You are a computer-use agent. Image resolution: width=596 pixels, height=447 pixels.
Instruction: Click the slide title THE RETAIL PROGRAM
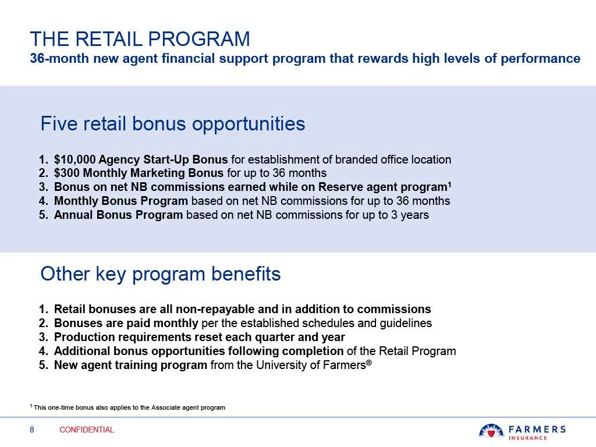[x=140, y=39]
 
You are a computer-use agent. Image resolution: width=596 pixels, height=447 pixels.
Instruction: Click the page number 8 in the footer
[x=32, y=430]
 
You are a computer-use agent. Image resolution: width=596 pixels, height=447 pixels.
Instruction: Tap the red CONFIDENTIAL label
[x=87, y=430]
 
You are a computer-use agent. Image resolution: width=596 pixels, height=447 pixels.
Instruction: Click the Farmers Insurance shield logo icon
[x=491, y=431]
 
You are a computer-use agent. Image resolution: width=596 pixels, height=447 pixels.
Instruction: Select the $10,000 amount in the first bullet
[x=74, y=159]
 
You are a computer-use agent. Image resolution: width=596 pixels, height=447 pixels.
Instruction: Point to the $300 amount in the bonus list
[x=66, y=173]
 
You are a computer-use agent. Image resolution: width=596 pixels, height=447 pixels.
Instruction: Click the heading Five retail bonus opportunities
[x=172, y=123]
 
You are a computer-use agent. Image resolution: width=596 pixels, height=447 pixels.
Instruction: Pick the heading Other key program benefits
[x=161, y=274]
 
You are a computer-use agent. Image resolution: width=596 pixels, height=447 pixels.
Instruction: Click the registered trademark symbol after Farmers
[x=368, y=362]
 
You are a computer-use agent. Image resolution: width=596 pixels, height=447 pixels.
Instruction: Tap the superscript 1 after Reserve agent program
[x=449, y=184]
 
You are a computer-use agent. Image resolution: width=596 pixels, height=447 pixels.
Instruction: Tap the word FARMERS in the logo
[x=537, y=430]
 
